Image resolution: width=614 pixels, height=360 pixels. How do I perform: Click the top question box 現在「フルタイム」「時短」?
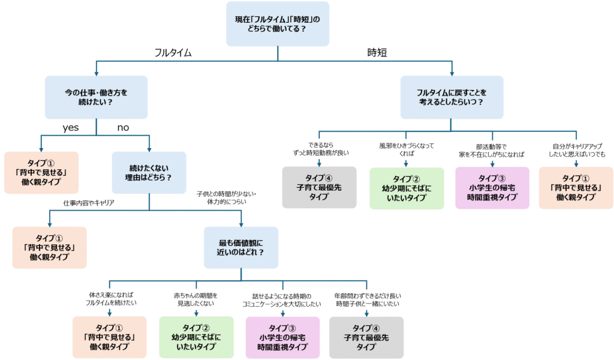(278, 24)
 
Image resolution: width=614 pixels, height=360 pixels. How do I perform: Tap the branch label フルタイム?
(173, 53)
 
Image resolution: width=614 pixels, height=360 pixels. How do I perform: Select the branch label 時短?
(377, 53)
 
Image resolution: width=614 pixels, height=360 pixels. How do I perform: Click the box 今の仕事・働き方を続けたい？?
(97, 97)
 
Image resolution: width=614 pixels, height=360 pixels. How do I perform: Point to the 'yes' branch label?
(71, 128)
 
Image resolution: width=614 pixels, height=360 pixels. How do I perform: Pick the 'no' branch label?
(123, 128)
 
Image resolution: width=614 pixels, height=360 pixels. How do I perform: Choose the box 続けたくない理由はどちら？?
(149, 173)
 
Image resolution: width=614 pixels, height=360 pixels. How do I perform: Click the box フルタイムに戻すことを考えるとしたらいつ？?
(452, 97)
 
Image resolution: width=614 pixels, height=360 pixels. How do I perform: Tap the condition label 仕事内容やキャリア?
(89, 203)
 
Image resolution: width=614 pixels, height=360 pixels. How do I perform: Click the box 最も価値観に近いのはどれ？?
(241, 247)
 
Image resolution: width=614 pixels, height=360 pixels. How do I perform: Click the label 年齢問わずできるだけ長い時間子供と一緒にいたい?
(367, 299)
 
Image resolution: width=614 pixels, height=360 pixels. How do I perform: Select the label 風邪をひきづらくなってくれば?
(406, 149)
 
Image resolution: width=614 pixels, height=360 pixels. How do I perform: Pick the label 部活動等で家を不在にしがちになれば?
(492, 149)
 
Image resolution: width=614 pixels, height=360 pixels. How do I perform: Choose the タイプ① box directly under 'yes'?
(41, 173)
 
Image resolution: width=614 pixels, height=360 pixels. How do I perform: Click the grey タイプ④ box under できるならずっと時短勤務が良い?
(320, 187)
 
